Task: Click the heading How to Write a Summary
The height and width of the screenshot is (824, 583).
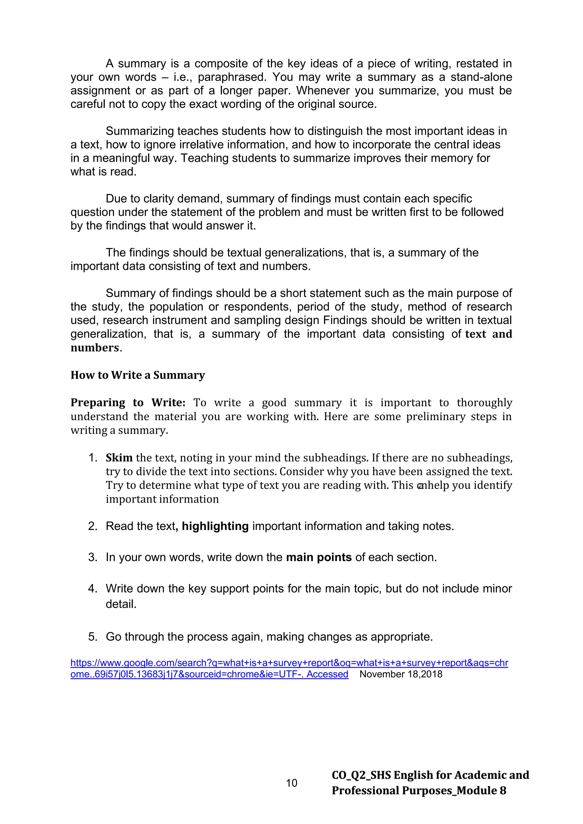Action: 137,375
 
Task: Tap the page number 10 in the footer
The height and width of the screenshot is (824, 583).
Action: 291,783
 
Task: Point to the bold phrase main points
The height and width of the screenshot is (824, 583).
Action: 319,557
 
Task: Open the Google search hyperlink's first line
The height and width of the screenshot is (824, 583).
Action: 289,663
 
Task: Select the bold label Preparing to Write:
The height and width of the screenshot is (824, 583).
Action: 128,403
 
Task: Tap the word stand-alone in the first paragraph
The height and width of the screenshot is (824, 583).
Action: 481,77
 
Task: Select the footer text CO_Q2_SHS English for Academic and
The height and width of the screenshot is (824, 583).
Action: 430,775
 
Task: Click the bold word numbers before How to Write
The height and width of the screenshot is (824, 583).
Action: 95,348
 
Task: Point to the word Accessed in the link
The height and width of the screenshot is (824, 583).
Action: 327,674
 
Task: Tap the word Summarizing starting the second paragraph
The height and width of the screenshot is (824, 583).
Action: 140,131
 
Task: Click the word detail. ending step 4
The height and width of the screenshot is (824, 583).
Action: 121,604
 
